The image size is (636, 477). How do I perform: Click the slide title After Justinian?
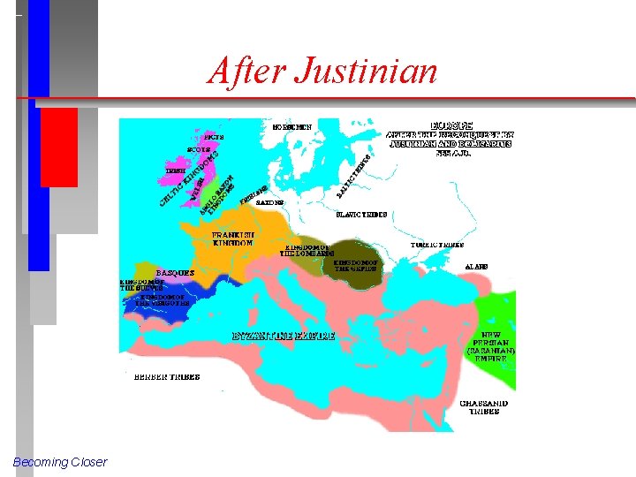pyautogui.click(x=322, y=70)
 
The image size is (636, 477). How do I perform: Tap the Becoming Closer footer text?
pyautogui.click(x=60, y=462)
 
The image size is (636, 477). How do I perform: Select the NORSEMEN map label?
pyautogui.click(x=292, y=127)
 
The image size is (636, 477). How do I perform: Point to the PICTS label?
pyautogui.click(x=214, y=138)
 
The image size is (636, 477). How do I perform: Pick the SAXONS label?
pyautogui.click(x=270, y=202)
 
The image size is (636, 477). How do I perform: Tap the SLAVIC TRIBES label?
pyautogui.click(x=362, y=215)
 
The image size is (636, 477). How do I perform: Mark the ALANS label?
pyautogui.click(x=477, y=266)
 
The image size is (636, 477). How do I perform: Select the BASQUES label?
pyautogui.click(x=176, y=273)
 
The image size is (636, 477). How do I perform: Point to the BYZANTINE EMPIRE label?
pyautogui.click(x=284, y=337)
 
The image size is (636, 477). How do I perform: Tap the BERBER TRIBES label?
pyautogui.click(x=167, y=376)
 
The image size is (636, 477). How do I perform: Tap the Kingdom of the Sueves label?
pyautogui.click(x=143, y=286)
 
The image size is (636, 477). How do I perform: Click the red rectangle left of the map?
pyautogui.click(x=59, y=147)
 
